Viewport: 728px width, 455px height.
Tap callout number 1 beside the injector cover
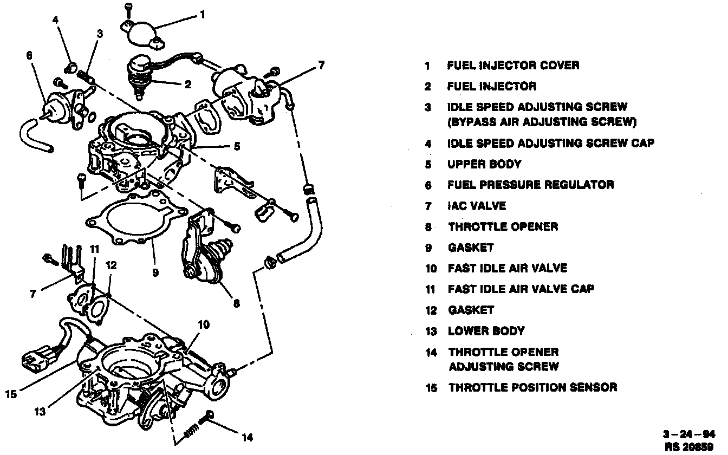point(202,15)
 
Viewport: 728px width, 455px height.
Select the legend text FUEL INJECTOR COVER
point(513,66)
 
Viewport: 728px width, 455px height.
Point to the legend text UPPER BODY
point(484,164)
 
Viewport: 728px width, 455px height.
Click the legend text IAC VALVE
point(477,206)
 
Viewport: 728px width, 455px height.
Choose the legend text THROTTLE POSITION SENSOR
point(532,387)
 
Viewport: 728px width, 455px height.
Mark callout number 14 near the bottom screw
point(247,437)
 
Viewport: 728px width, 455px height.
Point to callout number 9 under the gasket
point(155,272)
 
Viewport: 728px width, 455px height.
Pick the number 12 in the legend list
point(430,310)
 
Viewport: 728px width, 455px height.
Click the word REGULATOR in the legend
point(576,185)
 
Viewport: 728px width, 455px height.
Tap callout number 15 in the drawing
point(11,394)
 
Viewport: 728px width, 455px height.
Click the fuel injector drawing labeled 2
point(140,73)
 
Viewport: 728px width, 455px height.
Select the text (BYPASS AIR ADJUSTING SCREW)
point(542,122)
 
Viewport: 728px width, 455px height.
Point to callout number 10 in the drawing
point(203,326)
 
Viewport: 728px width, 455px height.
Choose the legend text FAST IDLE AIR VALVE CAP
point(521,289)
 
